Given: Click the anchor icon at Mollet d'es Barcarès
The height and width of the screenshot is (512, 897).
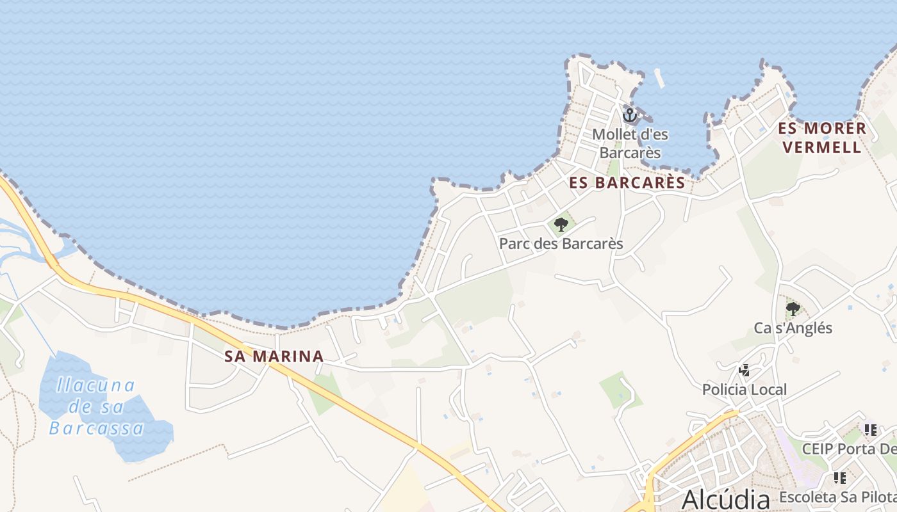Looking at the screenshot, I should pyautogui.click(x=629, y=115).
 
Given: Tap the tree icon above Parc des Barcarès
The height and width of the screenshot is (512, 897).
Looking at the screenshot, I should pyautogui.click(x=561, y=225).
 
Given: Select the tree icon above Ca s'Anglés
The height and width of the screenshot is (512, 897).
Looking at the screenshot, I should pyautogui.click(x=793, y=309).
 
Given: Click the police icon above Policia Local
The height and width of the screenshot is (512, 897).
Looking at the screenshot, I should pyautogui.click(x=744, y=371).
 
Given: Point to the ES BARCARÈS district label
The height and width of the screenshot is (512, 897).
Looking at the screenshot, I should pyautogui.click(x=627, y=183).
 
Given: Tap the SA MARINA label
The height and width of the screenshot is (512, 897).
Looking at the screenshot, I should pyautogui.click(x=274, y=356).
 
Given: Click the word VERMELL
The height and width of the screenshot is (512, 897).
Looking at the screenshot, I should pyautogui.click(x=822, y=147).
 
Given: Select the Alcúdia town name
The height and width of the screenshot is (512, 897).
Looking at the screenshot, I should pyautogui.click(x=725, y=499).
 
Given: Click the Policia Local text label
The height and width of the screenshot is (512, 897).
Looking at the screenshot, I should pyautogui.click(x=744, y=390).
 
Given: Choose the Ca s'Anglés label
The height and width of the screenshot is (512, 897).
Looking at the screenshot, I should pyautogui.click(x=793, y=328).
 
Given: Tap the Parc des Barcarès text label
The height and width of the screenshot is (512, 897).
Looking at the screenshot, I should pyautogui.click(x=561, y=244).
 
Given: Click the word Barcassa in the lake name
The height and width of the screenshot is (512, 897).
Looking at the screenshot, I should pyautogui.click(x=96, y=428).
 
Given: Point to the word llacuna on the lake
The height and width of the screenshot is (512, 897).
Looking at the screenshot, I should pyautogui.click(x=96, y=385).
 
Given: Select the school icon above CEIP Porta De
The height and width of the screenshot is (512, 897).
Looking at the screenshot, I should pyautogui.click(x=870, y=429).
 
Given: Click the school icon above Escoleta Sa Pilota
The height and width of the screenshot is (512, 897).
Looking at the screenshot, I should pyautogui.click(x=839, y=477).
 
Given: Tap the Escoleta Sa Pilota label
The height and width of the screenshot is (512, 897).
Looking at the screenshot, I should pyautogui.click(x=837, y=497).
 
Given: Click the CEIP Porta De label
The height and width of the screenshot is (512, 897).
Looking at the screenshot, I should pyautogui.click(x=849, y=449).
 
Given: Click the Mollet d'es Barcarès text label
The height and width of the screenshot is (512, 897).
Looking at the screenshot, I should pyautogui.click(x=629, y=143).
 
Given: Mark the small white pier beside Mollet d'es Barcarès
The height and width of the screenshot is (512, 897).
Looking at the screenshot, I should pyautogui.click(x=659, y=78).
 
